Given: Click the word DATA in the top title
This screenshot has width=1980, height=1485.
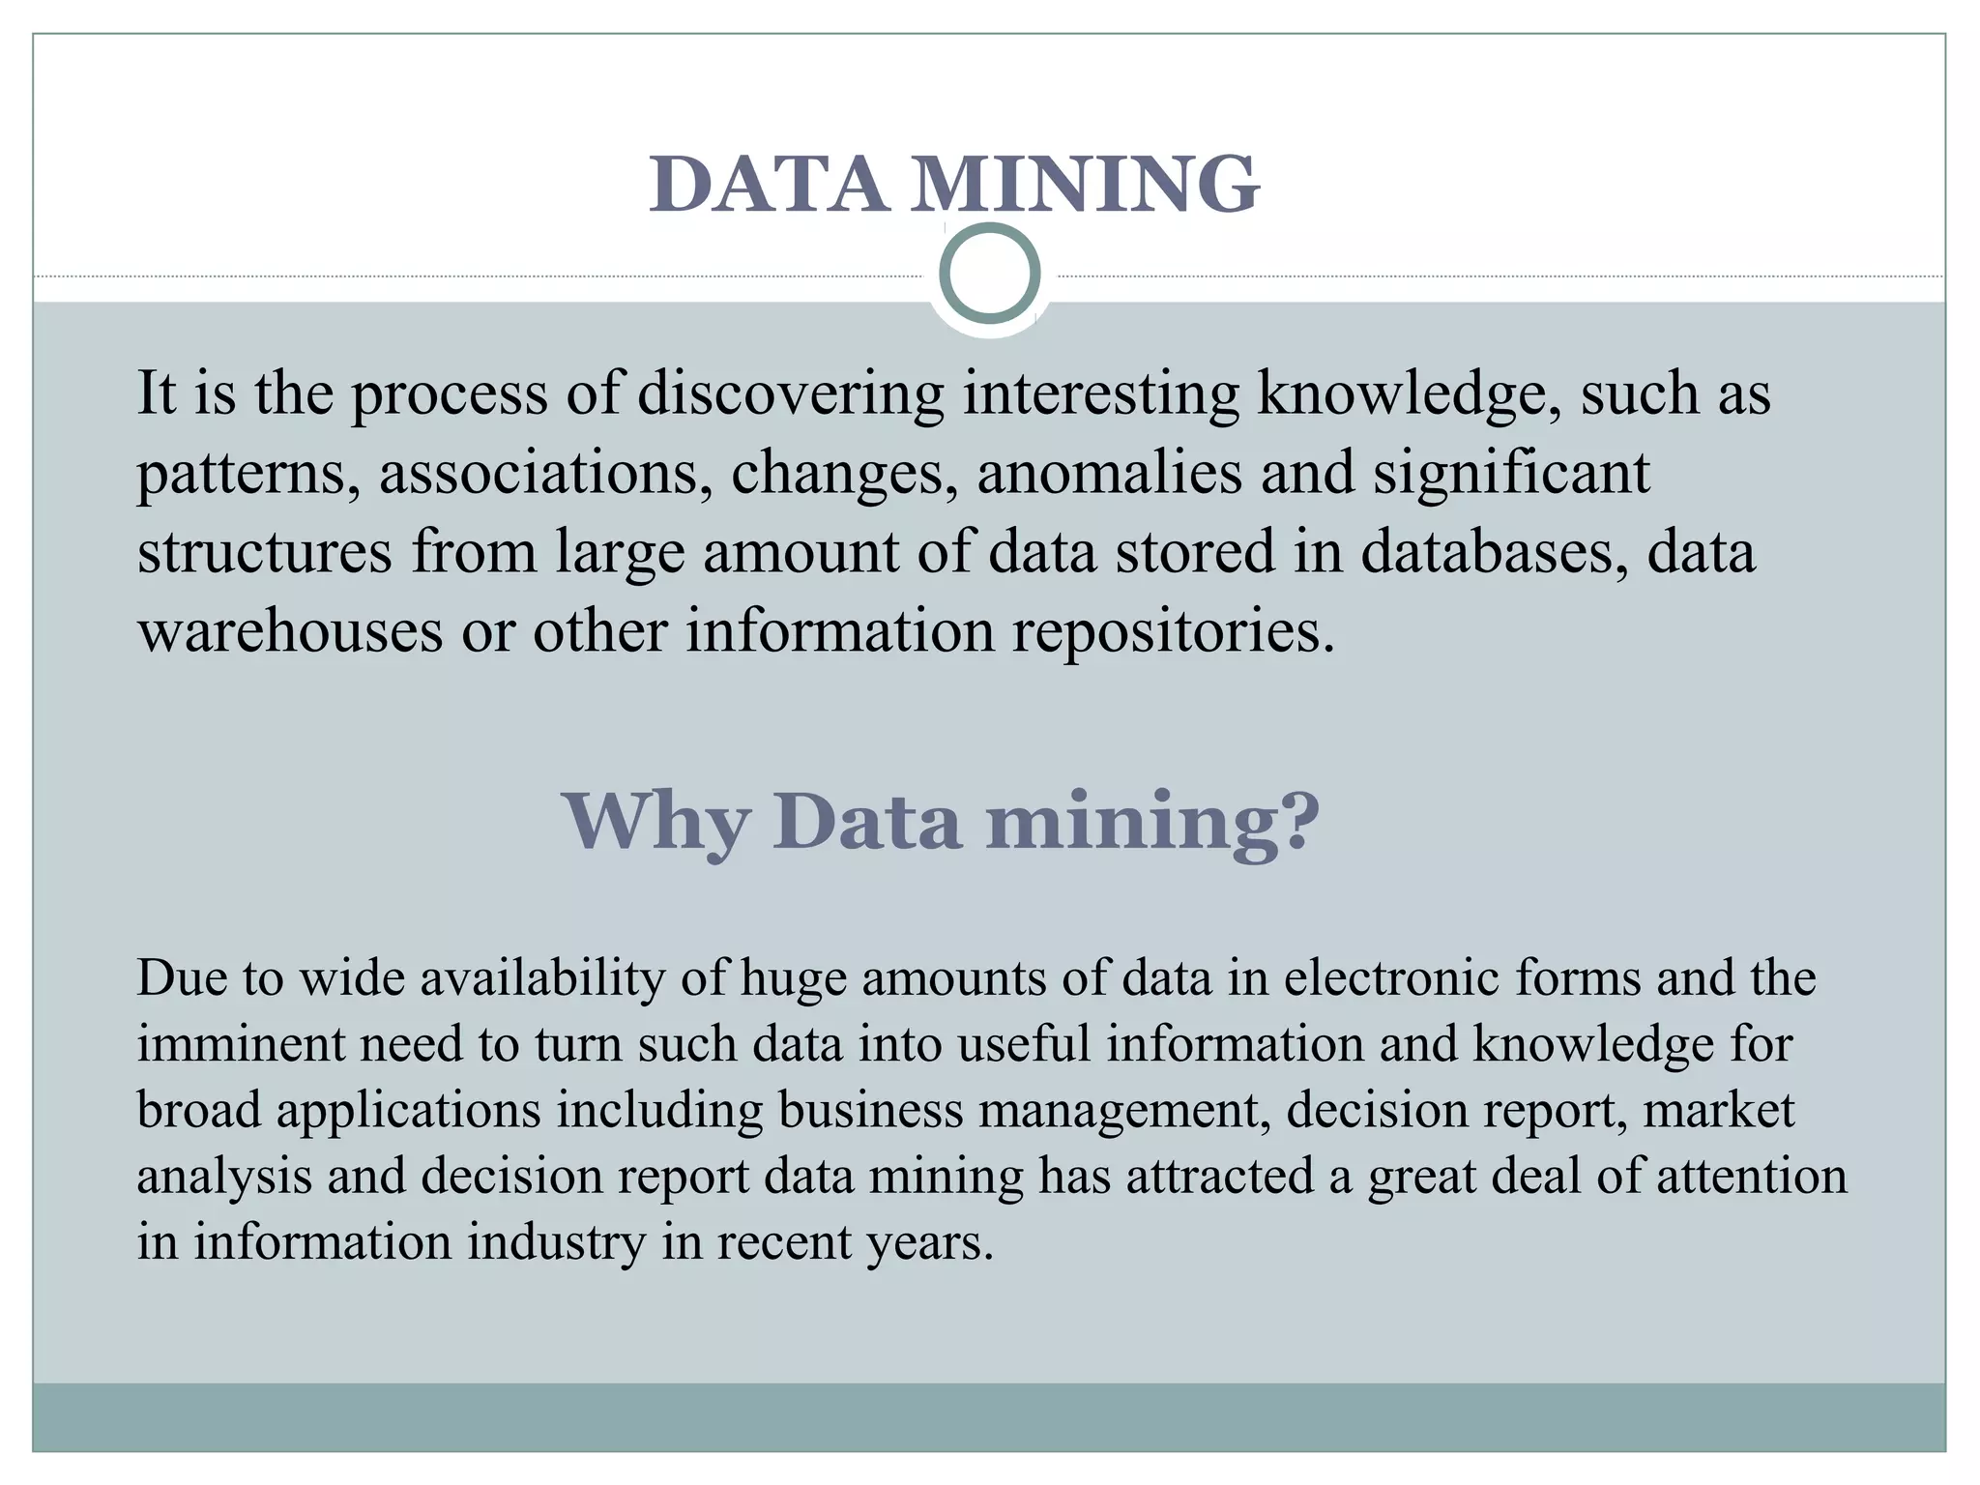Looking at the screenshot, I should point(769,184).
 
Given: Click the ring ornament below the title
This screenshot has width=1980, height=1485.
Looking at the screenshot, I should point(989,274).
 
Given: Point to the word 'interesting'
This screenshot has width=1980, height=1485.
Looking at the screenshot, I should point(1100,394).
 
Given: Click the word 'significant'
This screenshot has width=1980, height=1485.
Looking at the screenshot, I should point(1511,474).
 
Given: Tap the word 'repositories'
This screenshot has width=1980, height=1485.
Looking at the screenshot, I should point(1173,631).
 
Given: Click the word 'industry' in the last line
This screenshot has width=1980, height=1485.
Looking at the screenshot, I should point(556,1241).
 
